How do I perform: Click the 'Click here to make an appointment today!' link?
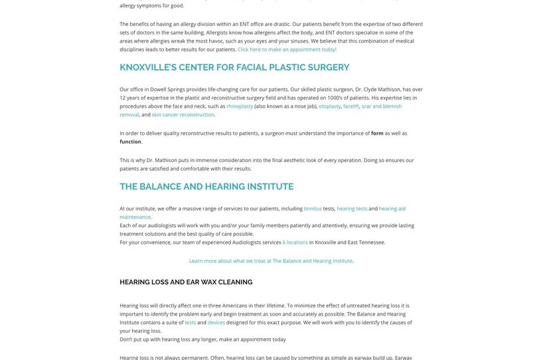tap(287, 49)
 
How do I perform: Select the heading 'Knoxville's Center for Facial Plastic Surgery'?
tap(234, 67)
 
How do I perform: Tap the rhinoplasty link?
tap(240, 106)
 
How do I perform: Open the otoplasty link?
tap(329, 106)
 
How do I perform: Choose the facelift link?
tap(351, 106)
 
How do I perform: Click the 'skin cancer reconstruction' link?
tap(183, 115)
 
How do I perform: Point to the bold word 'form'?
tap(377, 134)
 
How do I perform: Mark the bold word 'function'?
tap(130, 141)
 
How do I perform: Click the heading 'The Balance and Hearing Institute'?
tap(206, 187)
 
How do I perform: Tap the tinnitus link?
tap(313, 209)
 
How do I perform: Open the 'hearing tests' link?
tap(352, 209)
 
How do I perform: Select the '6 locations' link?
tap(295, 242)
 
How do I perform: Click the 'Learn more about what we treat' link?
tap(271, 261)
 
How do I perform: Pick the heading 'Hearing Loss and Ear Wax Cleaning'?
tap(186, 282)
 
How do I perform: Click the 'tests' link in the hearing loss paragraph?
tap(190, 323)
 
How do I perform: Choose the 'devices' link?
tap(216, 323)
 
